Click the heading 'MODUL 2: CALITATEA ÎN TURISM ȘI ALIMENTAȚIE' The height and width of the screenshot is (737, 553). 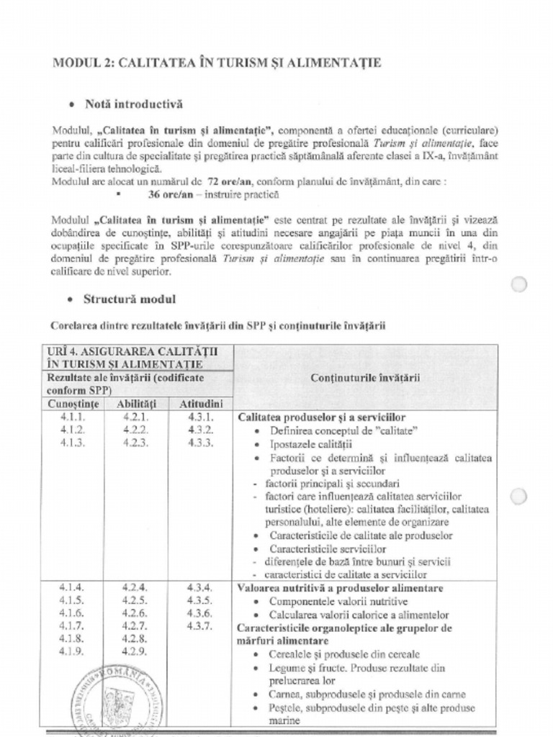pos(216,63)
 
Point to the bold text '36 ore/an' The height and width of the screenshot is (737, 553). pos(171,194)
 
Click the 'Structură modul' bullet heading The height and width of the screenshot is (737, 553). pos(130,299)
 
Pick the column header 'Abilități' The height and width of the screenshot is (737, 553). pos(136,404)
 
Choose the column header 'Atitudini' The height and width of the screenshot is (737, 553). pos(200,404)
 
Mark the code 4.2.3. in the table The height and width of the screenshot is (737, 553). pos(135,443)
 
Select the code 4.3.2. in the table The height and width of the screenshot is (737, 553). pos(200,430)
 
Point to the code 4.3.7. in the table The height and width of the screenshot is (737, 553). pos(200,626)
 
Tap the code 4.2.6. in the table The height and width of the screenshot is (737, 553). pos(135,613)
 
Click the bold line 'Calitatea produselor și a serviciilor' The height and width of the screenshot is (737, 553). pos(321,417)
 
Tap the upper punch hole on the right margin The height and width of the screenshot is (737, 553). pos(518,284)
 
